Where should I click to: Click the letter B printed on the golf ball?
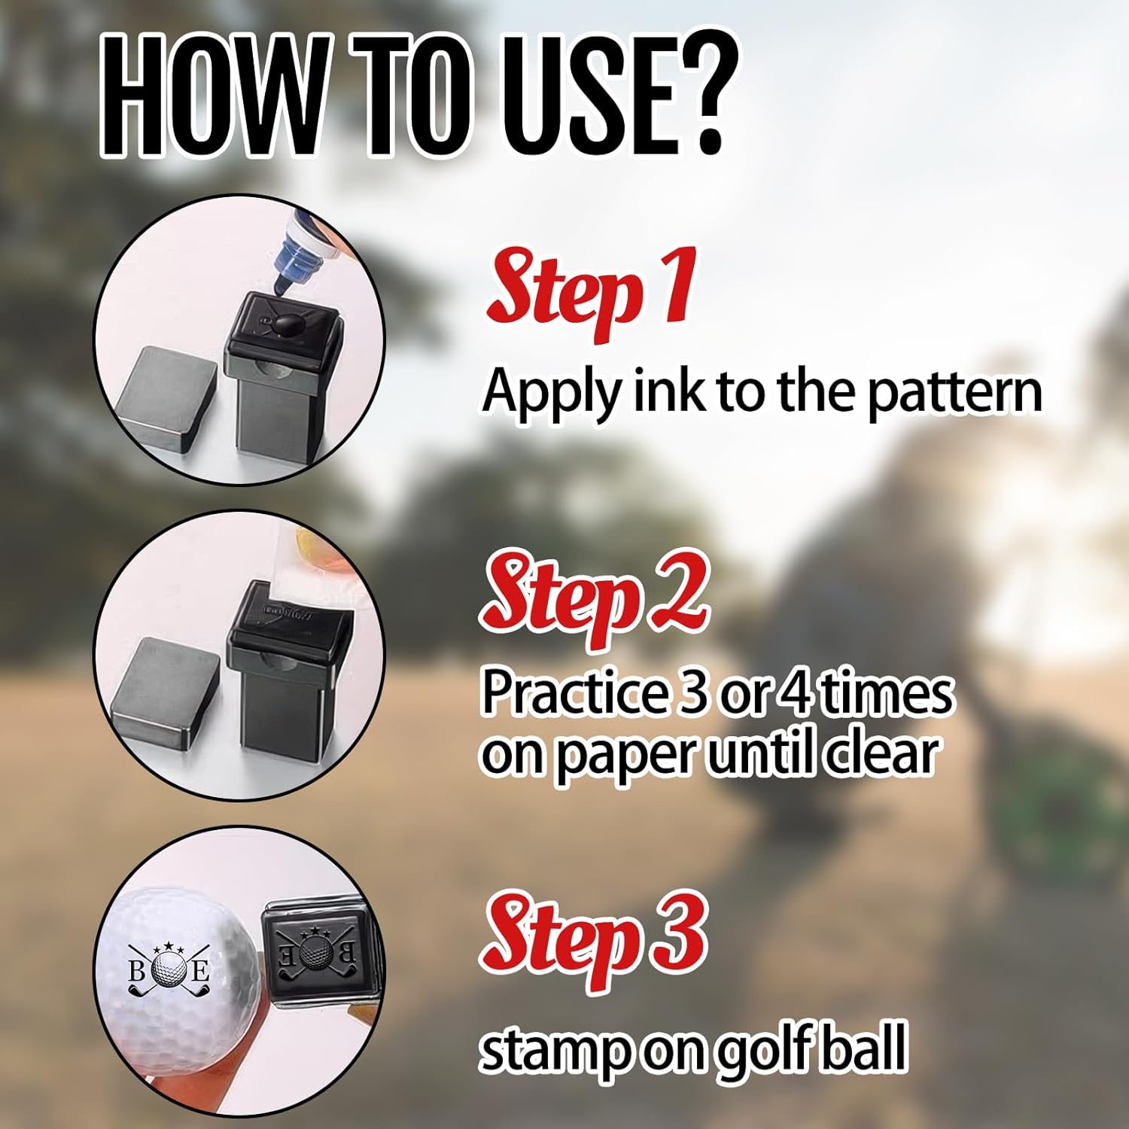pos(137,972)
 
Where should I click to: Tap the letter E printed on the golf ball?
pos(200,972)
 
